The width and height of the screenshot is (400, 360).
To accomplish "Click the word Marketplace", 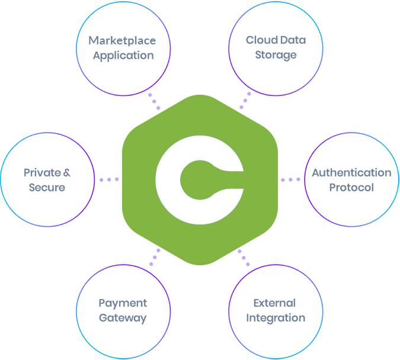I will (x=122, y=41).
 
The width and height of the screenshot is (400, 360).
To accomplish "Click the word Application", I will (x=123, y=56).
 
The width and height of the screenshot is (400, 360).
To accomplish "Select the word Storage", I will (x=275, y=56).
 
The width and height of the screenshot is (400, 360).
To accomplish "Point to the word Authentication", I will (x=351, y=173).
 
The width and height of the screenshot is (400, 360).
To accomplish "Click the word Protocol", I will (x=352, y=188).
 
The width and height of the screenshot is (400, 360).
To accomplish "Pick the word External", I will (x=274, y=304).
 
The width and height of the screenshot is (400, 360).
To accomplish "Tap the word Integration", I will (x=275, y=318).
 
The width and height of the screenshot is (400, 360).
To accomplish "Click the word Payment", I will (x=122, y=304).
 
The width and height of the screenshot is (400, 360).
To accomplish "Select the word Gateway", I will (x=122, y=318).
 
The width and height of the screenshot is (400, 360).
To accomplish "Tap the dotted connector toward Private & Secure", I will (x=108, y=179).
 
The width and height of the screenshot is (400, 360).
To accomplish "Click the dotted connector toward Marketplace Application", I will (x=154, y=101).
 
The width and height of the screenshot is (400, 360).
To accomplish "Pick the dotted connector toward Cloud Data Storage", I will (x=245, y=101).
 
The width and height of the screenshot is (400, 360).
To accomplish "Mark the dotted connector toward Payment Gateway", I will (x=155, y=256).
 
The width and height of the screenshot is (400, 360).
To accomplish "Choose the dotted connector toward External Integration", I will (x=244, y=256).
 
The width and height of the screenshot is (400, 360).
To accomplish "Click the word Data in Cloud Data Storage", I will (x=294, y=41).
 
